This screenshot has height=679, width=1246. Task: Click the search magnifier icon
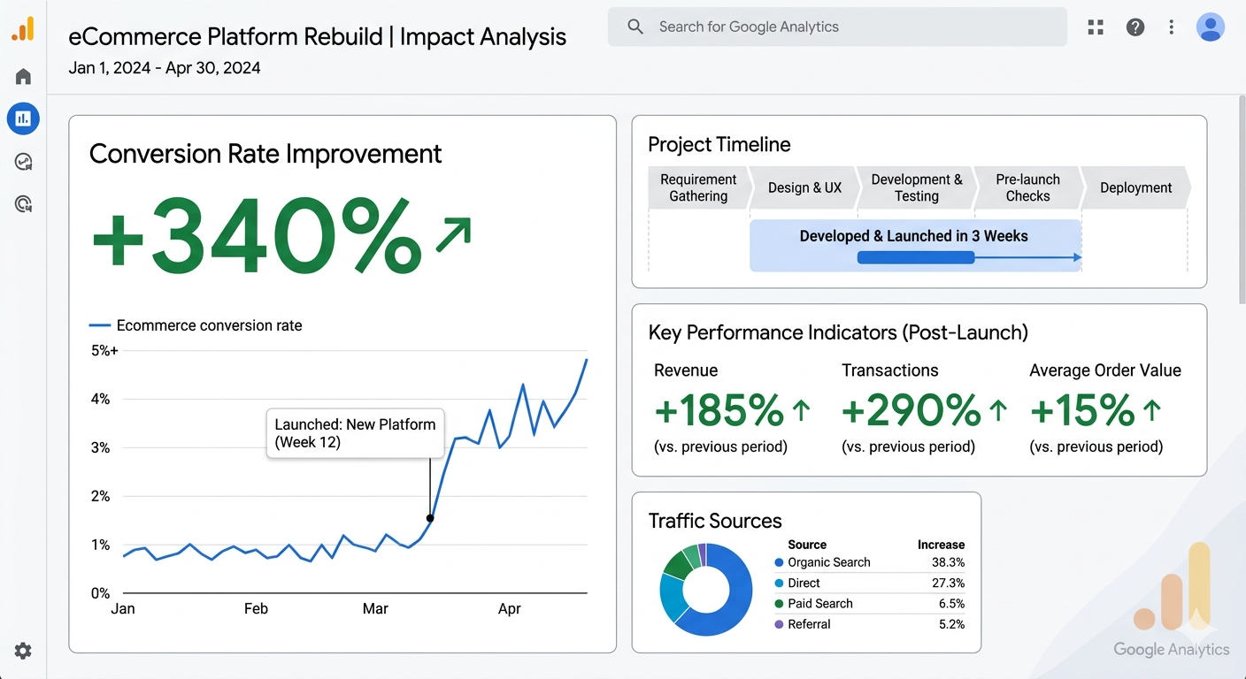click(635, 27)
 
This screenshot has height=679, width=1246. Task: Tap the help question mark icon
click(1134, 27)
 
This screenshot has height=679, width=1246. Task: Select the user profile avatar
click(1210, 27)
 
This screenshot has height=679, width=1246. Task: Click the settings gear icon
click(23, 651)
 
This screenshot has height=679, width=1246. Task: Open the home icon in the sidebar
click(23, 76)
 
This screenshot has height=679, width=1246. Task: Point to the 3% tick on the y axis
click(100, 447)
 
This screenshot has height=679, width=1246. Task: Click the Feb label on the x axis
click(256, 608)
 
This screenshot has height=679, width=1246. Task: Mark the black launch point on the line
click(430, 518)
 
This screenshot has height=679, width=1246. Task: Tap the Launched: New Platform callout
click(356, 433)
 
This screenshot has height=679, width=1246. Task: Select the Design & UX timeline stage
click(804, 187)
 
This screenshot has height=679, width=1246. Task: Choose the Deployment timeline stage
click(1135, 187)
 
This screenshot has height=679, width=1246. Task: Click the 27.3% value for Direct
click(948, 583)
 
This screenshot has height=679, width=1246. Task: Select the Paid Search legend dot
click(779, 604)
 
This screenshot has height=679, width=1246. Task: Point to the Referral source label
click(809, 624)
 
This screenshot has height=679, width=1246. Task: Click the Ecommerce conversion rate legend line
click(100, 325)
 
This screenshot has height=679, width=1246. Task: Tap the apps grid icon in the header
click(1096, 27)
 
